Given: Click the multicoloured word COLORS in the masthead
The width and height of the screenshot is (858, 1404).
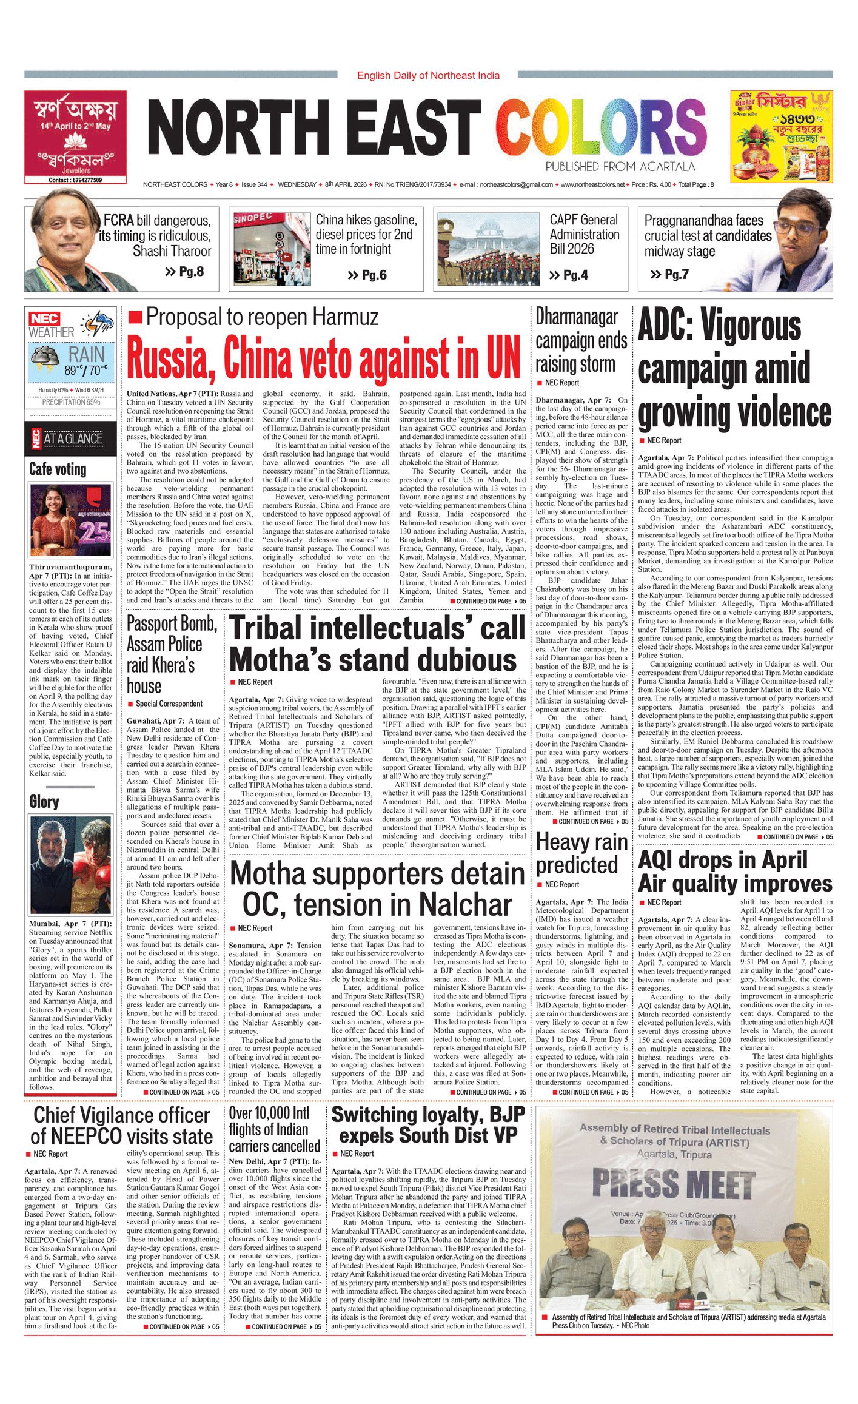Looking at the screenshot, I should click(600, 129).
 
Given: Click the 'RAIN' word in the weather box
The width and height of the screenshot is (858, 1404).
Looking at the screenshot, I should click(86, 355).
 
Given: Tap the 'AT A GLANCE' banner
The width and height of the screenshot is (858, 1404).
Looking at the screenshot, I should click(73, 438).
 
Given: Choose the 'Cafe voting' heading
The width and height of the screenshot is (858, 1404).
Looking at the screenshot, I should click(58, 469).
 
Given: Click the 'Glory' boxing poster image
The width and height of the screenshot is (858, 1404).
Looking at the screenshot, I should click(70, 864).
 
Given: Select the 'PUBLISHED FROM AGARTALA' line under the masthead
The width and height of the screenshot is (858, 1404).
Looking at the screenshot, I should click(620, 167).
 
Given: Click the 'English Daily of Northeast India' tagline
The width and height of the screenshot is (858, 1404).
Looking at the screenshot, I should click(428, 75).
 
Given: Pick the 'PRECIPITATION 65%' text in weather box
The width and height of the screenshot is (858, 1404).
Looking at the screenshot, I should click(71, 402).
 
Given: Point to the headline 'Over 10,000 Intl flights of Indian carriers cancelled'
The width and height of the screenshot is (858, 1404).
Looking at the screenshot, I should click(274, 1129).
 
